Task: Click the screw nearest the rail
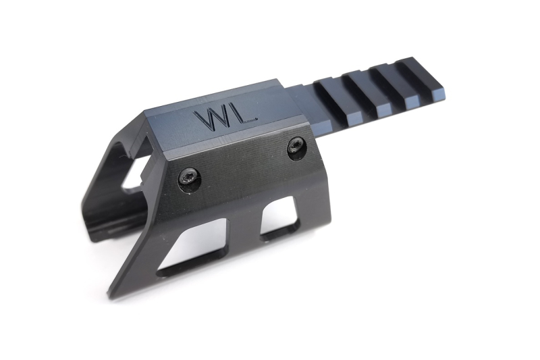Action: (x=296, y=147)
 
